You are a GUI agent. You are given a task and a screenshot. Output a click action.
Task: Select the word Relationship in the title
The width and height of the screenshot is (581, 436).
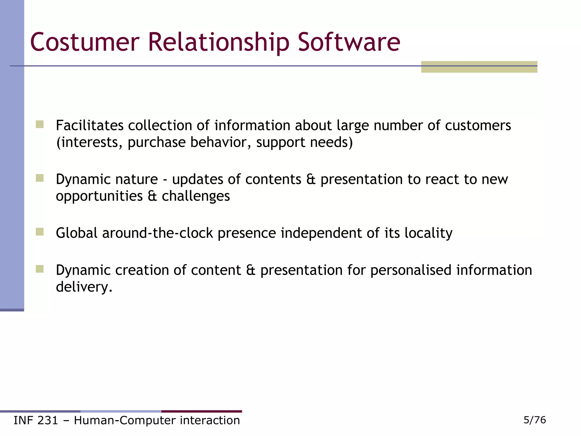(x=218, y=43)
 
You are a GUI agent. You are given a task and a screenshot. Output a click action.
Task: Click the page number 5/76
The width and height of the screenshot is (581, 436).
(x=534, y=420)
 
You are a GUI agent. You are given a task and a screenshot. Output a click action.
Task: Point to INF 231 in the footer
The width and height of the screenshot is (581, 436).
(x=36, y=420)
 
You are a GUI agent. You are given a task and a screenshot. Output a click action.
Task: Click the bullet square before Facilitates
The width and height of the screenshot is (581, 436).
(x=40, y=124)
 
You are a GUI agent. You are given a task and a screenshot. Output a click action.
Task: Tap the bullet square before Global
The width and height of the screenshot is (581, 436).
(x=40, y=232)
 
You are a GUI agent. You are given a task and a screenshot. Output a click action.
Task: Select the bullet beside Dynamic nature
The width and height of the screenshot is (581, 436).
(x=40, y=178)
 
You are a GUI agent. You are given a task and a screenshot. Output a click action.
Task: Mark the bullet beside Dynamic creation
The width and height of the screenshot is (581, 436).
(x=40, y=269)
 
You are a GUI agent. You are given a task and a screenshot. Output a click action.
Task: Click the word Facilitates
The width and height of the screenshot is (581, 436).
(x=89, y=125)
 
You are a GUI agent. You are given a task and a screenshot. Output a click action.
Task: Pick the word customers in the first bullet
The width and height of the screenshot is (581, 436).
(x=478, y=125)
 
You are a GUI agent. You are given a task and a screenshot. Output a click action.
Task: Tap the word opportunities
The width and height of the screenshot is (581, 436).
(x=99, y=196)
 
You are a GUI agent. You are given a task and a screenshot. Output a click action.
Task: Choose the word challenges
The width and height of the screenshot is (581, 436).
(x=195, y=196)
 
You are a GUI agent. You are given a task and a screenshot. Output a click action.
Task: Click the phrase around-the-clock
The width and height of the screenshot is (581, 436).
(x=157, y=233)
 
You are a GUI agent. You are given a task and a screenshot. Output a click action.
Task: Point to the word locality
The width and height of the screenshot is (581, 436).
(x=428, y=233)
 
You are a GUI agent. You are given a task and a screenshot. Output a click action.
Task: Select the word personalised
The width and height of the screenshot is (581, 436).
(x=411, y=270)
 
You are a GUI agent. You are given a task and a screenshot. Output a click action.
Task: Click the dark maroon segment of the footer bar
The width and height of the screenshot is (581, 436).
(x=201, y=411)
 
